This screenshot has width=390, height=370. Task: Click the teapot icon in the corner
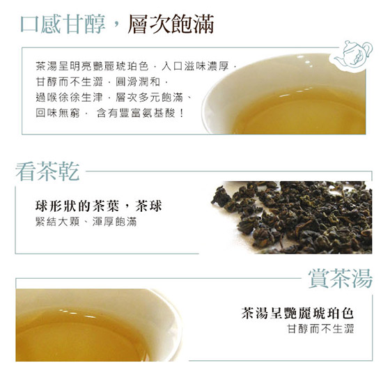click(352, 56)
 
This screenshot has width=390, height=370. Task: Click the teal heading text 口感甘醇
click(63, 24)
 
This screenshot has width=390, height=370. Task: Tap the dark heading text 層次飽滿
click(171, 24)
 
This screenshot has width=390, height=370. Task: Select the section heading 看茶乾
click(47, 171)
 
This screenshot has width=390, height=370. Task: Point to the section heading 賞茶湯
click(341, 279)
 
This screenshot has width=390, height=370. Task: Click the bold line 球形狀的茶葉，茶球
click(99, 206)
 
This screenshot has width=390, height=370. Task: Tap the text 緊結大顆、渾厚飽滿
click(86, 222)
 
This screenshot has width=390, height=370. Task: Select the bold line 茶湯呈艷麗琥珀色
click(297, 314)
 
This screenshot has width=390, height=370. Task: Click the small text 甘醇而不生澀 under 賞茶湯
click(320, 329)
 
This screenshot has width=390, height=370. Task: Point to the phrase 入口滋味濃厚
click(195, 66)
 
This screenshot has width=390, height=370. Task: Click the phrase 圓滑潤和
click(138, 82)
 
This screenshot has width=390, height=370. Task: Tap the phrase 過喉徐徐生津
click(69, 98)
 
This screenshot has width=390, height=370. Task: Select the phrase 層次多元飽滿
click(149, 98)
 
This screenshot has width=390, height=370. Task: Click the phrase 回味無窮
click(58, 113)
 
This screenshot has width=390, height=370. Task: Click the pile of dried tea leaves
click(292, 217)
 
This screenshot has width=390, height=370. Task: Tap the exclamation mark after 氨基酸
click(181, 113)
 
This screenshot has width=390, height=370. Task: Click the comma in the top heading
click(116, 28)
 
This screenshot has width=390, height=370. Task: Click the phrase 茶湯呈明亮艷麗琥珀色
click(92, 66)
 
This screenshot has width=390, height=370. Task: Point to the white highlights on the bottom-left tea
click(77, 314)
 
